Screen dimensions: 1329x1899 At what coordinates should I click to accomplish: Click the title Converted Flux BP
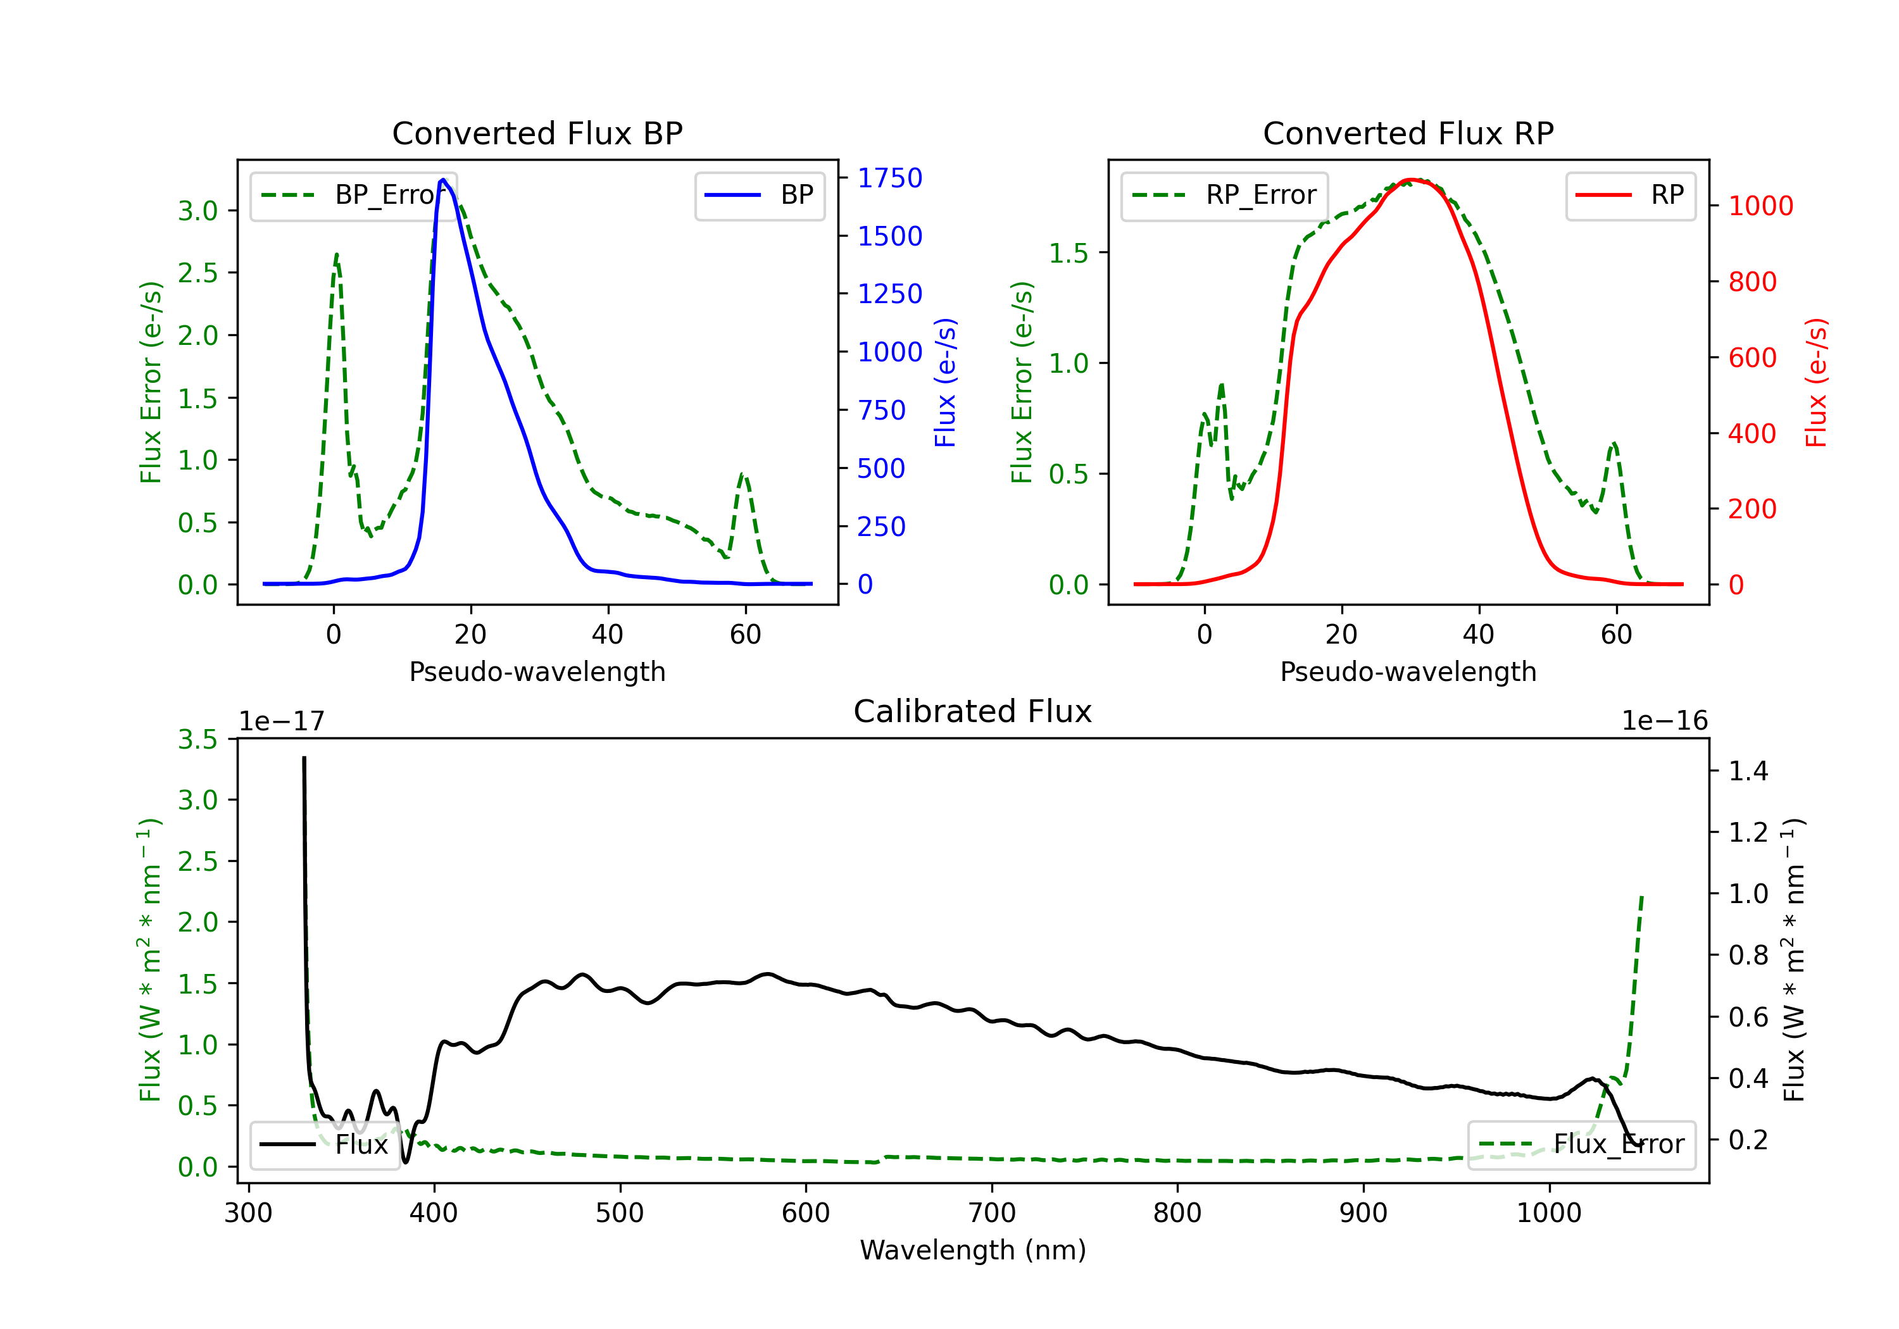(x=537, y=133)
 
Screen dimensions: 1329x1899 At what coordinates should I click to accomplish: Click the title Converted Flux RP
(x=1408, y=133)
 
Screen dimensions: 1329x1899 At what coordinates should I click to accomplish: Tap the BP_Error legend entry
(x=353, y=195)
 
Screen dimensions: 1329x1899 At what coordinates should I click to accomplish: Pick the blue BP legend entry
(x=759, y=195)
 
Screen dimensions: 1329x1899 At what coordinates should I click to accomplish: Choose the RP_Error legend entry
(x=1224, y=195)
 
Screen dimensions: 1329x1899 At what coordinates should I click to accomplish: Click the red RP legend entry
(x=1629, y=195)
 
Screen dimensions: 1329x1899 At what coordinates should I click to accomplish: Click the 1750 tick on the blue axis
(x=889, y=178)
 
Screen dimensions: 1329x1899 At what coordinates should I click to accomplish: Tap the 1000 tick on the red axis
(x=1760, y=206)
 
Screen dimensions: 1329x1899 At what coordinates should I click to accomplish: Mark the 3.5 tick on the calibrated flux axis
(x=197, y=739)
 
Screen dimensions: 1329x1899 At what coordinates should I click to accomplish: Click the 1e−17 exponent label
(x=282, y=721)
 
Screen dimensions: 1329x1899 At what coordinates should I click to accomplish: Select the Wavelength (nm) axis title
(x=973, y=1250)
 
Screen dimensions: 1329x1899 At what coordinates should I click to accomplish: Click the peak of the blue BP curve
(x=443, y=180)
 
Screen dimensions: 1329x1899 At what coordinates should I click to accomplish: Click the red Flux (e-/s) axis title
(x=1815, y=383)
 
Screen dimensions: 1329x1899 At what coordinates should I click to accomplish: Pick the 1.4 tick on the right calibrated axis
(x=1748, y=771)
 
